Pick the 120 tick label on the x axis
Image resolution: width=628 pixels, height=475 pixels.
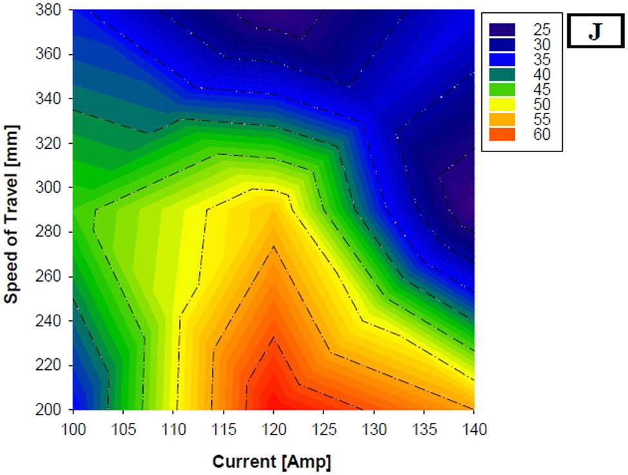[273, 427]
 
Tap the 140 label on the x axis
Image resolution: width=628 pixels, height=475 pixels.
[474, 427]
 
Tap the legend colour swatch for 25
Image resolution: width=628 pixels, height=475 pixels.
[502, 30]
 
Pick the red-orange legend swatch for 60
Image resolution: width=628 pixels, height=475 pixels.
[502, 135]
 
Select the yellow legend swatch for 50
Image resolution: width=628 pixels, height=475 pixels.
[502, 104]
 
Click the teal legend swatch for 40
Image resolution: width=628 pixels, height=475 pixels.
[502, 75]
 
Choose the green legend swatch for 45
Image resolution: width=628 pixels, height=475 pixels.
[502, 90]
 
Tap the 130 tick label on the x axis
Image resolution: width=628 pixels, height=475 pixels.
[374, 427]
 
